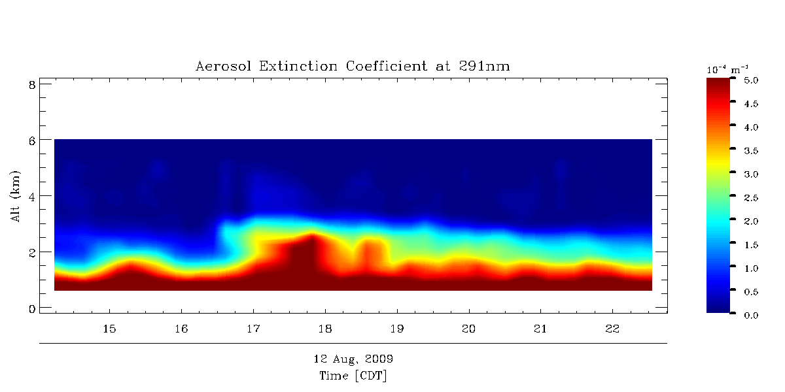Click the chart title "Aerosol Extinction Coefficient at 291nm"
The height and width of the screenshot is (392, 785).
pos(353,66)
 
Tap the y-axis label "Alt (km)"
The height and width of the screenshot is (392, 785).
pos(16,196)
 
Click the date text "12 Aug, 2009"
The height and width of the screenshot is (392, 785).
pos(353,359)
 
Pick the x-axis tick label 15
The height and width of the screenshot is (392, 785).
pos(110,327)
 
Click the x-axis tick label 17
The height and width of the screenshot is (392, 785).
pos(253,327)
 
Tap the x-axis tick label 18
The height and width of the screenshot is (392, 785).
pos(325,327)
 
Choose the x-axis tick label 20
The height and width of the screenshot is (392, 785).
pos(468,327)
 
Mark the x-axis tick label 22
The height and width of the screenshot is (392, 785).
pos(612,327)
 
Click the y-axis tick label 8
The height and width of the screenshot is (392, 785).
pos(30,84)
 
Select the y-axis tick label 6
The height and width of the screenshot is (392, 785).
pos(30,140)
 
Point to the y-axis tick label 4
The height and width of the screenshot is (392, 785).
pos(30,196)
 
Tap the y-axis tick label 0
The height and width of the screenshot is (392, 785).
pos(30,308)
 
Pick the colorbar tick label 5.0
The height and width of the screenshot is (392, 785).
pos(750,80)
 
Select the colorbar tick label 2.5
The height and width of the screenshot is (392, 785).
pos(750,197)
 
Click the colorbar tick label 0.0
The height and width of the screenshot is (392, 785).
pos(750,315)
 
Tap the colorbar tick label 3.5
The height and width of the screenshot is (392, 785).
pos(750,150)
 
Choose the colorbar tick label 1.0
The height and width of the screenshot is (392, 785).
pos(750,268)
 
